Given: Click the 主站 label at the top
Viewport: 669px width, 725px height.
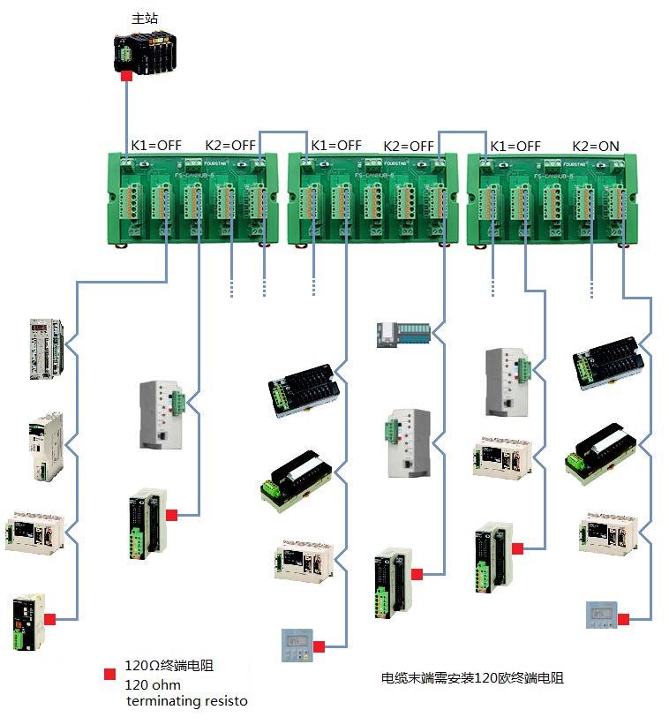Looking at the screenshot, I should tap(143, 18).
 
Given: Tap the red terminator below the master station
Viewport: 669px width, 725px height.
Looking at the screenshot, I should tap(126, 77).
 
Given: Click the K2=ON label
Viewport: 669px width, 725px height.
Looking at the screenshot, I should tap(596, 146).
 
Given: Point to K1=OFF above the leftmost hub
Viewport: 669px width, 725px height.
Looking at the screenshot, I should tap(156, 146).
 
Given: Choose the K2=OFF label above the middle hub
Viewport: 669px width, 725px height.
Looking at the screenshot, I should tap(409, 146).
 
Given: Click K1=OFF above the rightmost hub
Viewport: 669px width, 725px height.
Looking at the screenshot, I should tap(515, 146).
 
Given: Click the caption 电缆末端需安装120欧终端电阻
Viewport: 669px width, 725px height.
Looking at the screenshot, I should tap(471, 678).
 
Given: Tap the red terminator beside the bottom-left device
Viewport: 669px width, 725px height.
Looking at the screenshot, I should tap(51, 619).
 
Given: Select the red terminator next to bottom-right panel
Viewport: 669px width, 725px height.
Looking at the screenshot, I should tap(623, 619).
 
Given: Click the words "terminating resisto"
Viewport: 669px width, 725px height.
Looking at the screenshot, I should tap(186, 701).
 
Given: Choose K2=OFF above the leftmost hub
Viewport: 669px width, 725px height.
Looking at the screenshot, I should tap(229, 146).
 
